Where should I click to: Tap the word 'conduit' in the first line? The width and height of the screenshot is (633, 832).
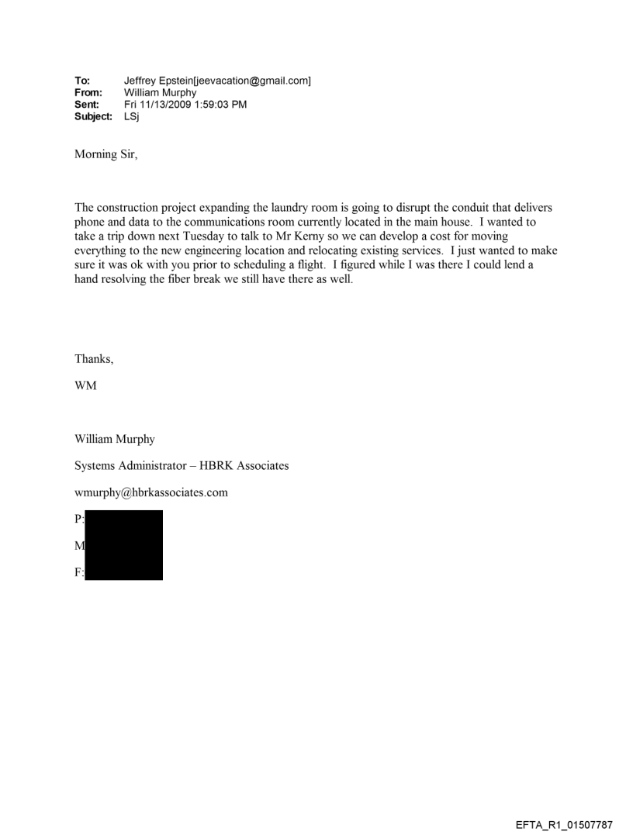(466, 208)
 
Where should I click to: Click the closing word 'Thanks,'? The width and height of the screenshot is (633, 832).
(92, 359)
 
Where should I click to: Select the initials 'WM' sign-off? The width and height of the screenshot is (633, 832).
(85, 386)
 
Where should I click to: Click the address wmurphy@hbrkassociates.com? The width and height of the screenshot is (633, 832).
(151, 492)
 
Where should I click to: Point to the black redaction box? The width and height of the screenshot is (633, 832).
(123, 545)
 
